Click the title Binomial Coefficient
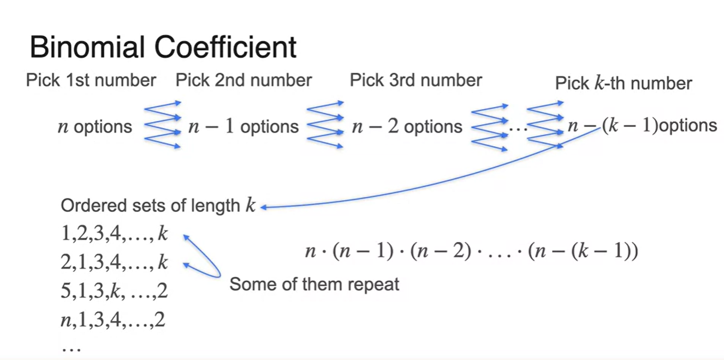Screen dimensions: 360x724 click(x=163, y=47)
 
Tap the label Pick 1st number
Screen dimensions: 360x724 click(x=91, y=81)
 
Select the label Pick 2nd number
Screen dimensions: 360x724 click(x=244, y=81)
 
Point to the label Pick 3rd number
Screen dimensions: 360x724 click(x=416, y=81)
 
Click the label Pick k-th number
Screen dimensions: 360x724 click(x=624, y=84)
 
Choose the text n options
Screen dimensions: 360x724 click(x=95, y=127)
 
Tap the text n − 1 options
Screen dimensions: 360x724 click(x=244, y=127)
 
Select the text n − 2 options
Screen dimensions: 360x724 click(x=407, y=127)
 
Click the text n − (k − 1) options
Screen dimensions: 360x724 click(x=642, y=126)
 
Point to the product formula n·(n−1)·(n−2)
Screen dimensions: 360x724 click(x=471, y=252)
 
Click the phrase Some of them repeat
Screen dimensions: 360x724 click(x=314, y=285)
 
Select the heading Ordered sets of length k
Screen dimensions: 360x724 click(x=158, y=206)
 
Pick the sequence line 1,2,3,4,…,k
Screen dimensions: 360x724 click(x=114, y=235)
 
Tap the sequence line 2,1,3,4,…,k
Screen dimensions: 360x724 click(x=114, y=263)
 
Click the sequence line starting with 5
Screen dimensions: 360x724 click(x=114, y=292)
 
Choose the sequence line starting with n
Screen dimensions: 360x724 click(x=113, y=320)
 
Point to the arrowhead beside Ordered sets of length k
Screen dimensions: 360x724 click(x=265, y=206)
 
